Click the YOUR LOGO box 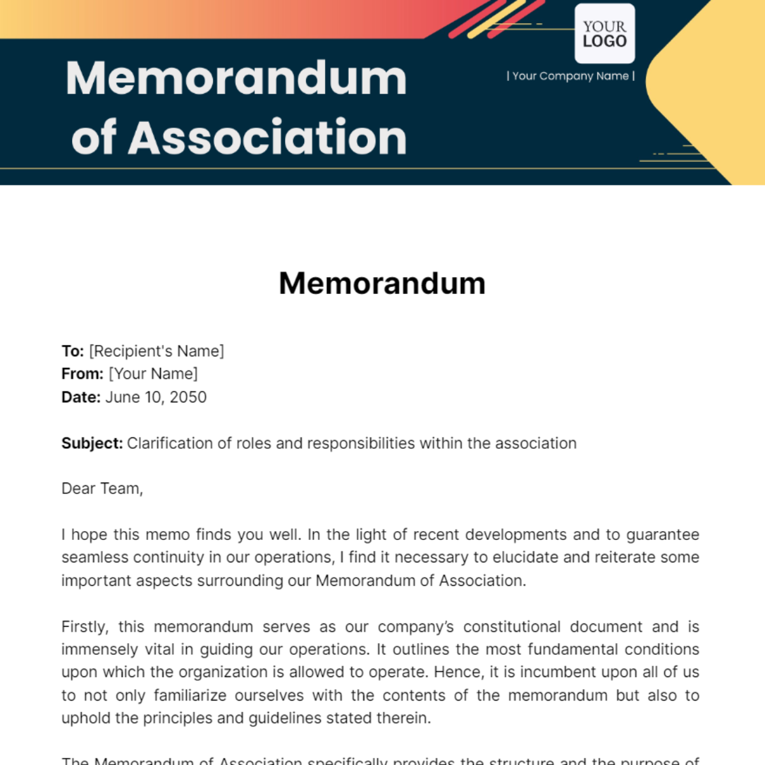(604, 34)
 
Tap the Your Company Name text (571, 76)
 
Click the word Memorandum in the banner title (237, 79)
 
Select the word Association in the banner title (267, 138)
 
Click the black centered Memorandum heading (382, 283)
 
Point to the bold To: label (73, 351)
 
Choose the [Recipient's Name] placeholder (157, 351)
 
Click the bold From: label (82, 374)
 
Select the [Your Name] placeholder (154, 374)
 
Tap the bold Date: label (81, 397)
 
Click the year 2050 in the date (188, 397)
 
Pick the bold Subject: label (92, 443)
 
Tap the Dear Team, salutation (102, 489)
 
